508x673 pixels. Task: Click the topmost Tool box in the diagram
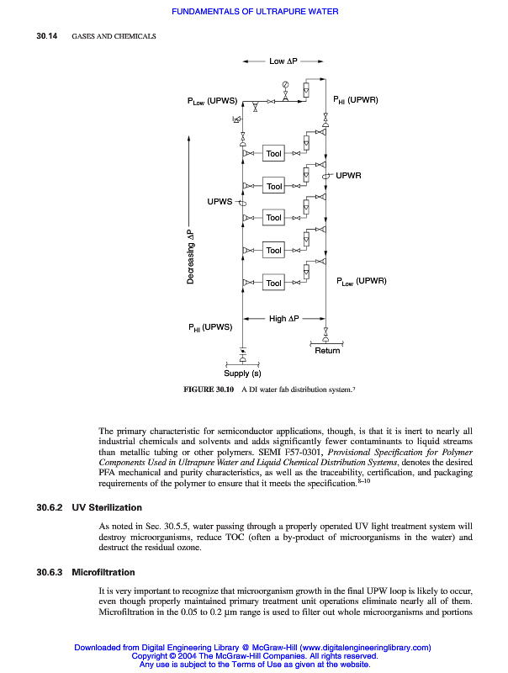pyautogui.click(x=273, y=154)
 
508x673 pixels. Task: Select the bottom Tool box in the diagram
pyautogui.click(x=273, y=284)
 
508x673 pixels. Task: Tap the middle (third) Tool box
pyautogui.click(x=273, y=218)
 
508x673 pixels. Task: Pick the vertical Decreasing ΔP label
pyautogui.click(x=190, y=256)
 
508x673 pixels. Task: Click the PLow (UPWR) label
pyautogui.click(x=362, y=281)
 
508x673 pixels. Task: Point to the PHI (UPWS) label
pyautogui.click(x=209, y=328)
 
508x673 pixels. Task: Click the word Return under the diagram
pyautogui.click(x=327, y=350)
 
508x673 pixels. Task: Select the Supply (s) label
pyautogui.click(x=242, y=373)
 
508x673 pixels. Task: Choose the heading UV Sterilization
pyautogui.click(x=108, y=508)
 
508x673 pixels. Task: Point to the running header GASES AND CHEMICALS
pyautogui.click(x=114, y=36)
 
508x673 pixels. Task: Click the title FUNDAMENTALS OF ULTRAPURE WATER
pyautogui.click(x=254, y=12)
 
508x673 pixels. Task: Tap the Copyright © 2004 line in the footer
pyautogui.click(x=254, y=655)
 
